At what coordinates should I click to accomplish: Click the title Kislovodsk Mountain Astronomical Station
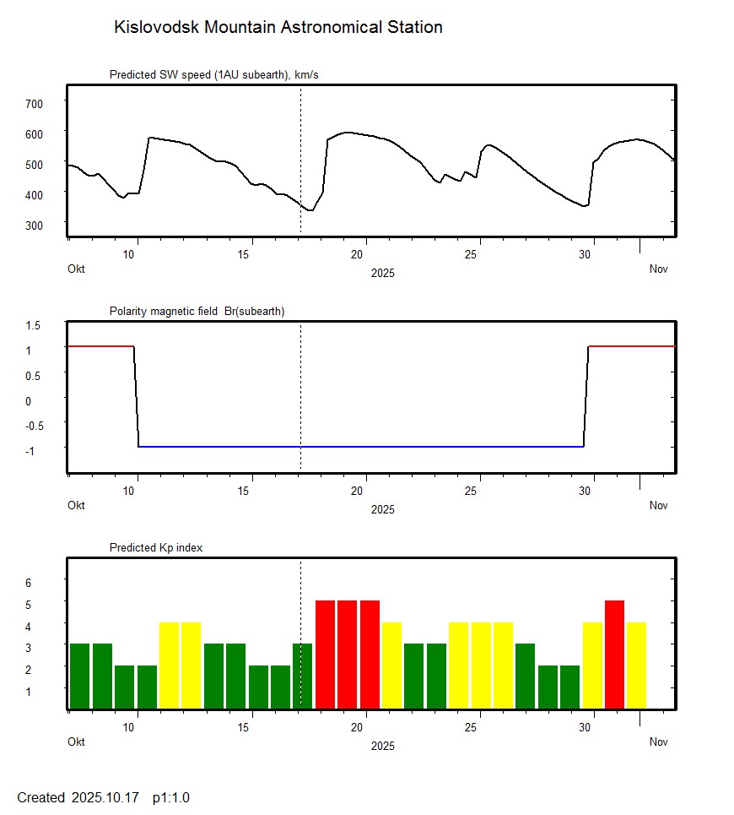278,28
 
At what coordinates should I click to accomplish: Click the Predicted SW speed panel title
213,75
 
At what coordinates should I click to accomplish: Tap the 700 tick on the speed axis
35,103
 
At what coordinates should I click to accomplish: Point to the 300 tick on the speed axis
35,225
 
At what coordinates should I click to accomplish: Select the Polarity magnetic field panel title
197,312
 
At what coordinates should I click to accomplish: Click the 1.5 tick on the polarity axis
34,325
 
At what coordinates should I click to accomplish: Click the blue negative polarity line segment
363,446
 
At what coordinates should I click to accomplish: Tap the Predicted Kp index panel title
156,548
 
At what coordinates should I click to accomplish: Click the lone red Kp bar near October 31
614,654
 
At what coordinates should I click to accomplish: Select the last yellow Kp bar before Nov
636,665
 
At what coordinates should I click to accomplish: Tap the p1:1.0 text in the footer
171,797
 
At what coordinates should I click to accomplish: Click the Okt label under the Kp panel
77,742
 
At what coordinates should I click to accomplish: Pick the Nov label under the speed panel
658,269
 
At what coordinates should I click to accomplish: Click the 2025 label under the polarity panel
382,509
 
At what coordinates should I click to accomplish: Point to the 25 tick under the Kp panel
478,727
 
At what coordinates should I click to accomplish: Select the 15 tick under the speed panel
245,254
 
